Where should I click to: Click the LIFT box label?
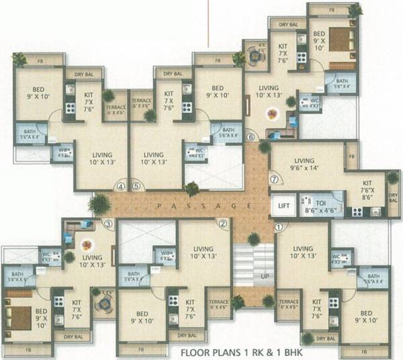pos(281,206)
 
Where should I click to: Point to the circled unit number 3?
pos(107,223)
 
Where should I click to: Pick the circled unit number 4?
pos(121,187)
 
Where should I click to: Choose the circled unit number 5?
pos(136,187)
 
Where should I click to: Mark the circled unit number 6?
pos(251,138)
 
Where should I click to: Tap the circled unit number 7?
pos(273,180)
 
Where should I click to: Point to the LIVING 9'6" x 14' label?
pos(304,165)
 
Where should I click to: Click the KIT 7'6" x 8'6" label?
pos(367,190)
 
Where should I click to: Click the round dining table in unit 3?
pos(85,245)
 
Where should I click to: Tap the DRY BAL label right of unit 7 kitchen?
pos(394,199)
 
